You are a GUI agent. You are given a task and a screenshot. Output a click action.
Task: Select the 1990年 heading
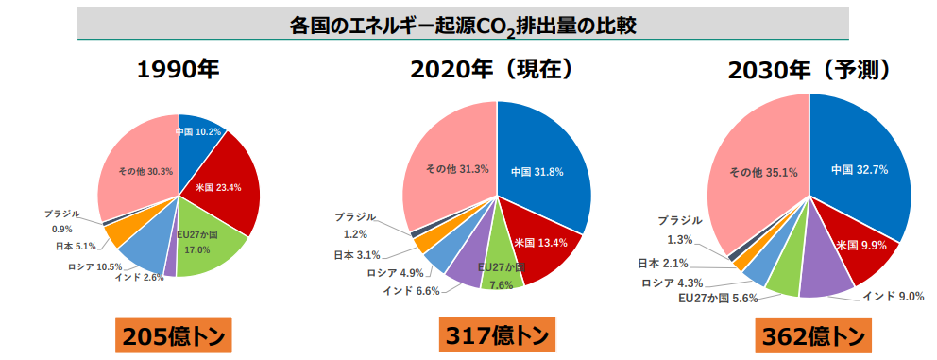click(178, 72)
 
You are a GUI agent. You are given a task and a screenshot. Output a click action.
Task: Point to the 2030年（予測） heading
click(810, 72)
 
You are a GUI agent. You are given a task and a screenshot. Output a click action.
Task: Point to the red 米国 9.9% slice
click(855, 246)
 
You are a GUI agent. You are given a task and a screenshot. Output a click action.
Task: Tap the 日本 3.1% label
click(356, 254)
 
